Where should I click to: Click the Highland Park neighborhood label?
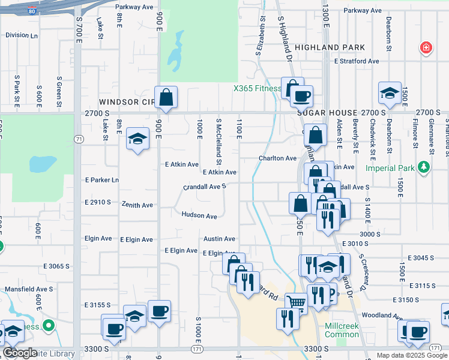(330, 47)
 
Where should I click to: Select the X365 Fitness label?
(258, 88)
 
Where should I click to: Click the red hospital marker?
(426, 47)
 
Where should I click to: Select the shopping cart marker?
(295, 302)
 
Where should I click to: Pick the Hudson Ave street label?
(199, 215)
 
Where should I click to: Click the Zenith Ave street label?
(137, 205)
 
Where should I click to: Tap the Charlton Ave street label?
(277, 158)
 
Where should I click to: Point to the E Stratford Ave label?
(357, 61)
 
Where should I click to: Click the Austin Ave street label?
(219, 238)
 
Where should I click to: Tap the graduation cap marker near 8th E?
(138, 139)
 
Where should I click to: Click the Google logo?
(20, 353)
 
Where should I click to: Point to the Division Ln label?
(21, 35)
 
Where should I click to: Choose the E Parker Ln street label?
(102, 180)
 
